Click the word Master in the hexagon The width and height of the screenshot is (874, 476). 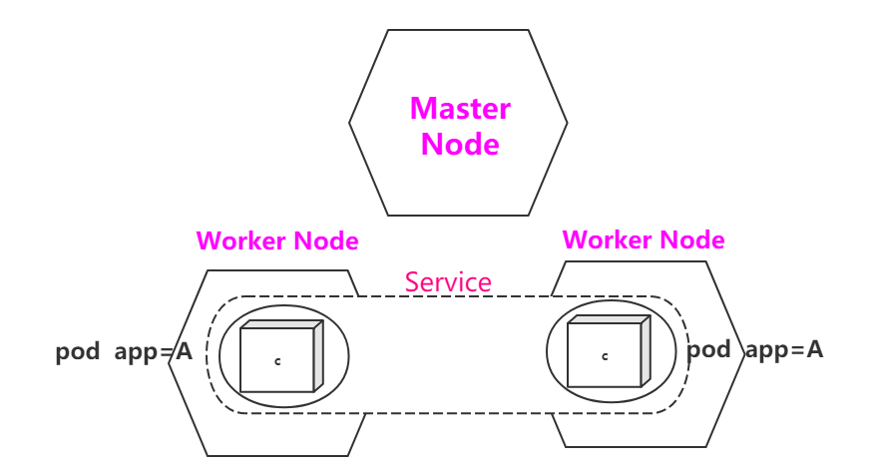coord(460,108)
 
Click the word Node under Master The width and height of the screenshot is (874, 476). coord(460,144)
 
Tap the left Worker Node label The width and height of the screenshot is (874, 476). coord(277,241)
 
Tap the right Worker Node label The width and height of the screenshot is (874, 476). coord(644,240)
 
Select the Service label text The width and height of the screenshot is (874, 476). coord(448,282)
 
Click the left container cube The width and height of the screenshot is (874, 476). coord(277,359)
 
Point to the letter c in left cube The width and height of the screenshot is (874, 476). coord(277,360)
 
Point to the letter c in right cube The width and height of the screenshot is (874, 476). coord(605,355)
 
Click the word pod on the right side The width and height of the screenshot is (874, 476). coord(710,349)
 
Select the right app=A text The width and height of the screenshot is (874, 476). coord(785,349)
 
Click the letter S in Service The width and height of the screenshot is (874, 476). coord(411,282)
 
